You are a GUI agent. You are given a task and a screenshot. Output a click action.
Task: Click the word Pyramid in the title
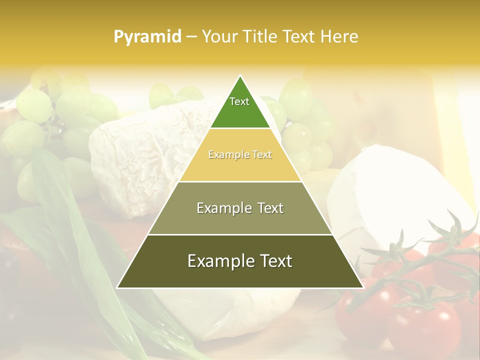(x=147, y=36)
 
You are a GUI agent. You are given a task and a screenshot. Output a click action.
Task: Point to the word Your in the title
(x=219, y=36)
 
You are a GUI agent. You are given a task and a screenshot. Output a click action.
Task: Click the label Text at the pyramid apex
(x=239, y=101)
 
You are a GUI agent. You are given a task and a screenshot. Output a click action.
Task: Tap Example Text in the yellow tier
(x=240, y=154)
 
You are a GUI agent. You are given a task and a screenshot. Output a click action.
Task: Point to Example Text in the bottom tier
(x=240, y=261)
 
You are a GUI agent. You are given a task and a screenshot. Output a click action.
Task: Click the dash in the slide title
(x=191, y=36)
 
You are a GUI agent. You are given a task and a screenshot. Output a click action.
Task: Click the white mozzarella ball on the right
(x=395, y=195)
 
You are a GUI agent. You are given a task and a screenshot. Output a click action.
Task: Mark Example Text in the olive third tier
(x=240, y=208)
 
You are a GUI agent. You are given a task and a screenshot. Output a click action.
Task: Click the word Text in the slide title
(x=299, y=36)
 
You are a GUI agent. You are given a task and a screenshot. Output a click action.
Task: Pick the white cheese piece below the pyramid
(x=225, y=310)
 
